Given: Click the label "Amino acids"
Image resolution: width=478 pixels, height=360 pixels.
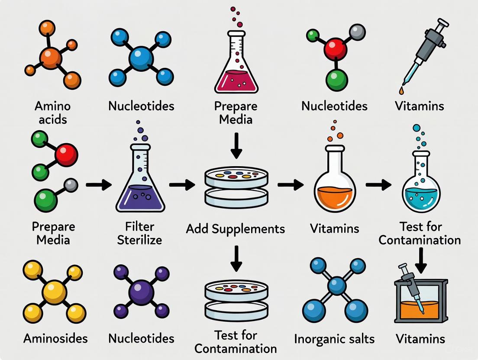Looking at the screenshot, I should [52, 112].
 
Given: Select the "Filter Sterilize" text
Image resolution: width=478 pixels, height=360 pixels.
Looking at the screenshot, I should [140, 232].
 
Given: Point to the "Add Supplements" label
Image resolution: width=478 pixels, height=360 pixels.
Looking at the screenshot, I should [236, 228].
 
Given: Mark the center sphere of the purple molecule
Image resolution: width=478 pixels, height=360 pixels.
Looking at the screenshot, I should [142, 292].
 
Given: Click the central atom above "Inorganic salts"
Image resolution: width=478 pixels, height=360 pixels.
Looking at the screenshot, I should [336, 286].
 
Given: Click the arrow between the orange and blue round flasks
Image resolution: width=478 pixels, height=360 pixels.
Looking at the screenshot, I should [378, 185].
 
